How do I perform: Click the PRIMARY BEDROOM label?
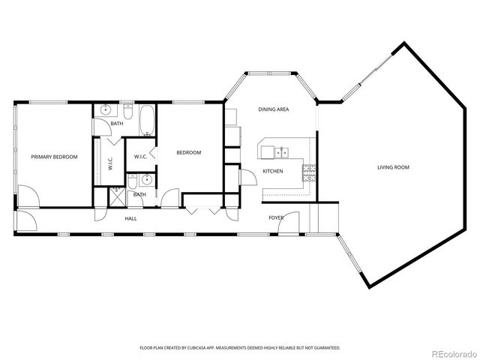(x=54, y=157)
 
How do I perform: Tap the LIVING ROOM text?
(x=393, y=167)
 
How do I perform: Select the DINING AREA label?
(x=274, y=109)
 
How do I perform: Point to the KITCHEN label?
(x=272, y=172)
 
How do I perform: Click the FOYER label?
(x=277, y=218)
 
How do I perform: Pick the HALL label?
(x=130, y=218)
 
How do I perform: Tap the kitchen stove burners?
(x=308, y=172)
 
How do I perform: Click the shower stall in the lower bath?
(x=117, y=197)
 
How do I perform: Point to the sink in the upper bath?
(x=106, y=110)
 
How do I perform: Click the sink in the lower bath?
(x=147, y=180)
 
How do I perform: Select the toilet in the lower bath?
(x=131, y=181)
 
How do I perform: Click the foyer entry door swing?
(x=292, y=223)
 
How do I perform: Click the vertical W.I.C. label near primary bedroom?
(x=109, y=164)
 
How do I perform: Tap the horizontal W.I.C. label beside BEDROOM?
(x=140, y=157)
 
